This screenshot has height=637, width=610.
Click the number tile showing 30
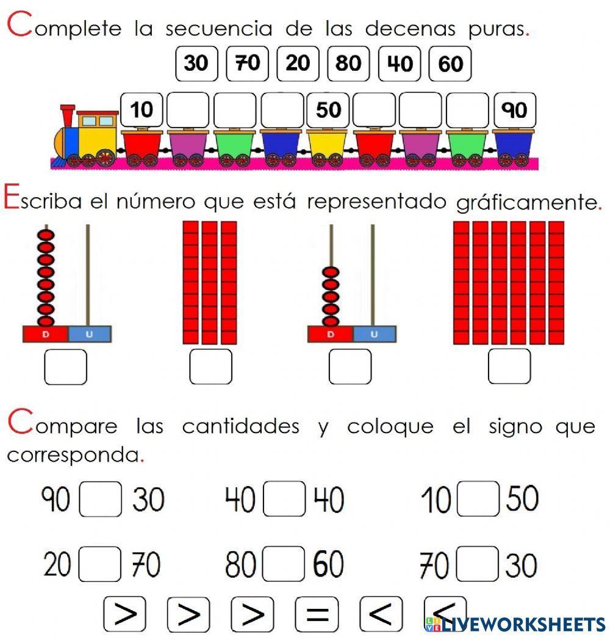196,64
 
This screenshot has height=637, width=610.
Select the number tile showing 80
348,64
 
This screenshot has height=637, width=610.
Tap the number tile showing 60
450,64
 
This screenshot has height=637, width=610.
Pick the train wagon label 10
142,110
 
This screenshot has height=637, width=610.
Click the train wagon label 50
328,110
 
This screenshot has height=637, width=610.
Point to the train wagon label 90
514,110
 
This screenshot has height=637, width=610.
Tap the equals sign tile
316,614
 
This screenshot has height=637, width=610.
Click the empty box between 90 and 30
101,500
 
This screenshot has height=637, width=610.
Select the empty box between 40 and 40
284,500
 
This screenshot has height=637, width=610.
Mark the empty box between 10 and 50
479,500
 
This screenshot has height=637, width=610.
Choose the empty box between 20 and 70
100,565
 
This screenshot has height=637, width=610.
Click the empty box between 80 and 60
284,565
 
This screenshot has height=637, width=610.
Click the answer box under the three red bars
210,366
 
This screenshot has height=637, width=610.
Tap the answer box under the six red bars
509,366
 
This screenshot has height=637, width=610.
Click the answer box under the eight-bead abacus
66,366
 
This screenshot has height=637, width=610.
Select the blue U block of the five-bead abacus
374,334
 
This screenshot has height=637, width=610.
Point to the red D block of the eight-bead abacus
45,334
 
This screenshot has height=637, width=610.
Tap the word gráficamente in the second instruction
528,202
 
